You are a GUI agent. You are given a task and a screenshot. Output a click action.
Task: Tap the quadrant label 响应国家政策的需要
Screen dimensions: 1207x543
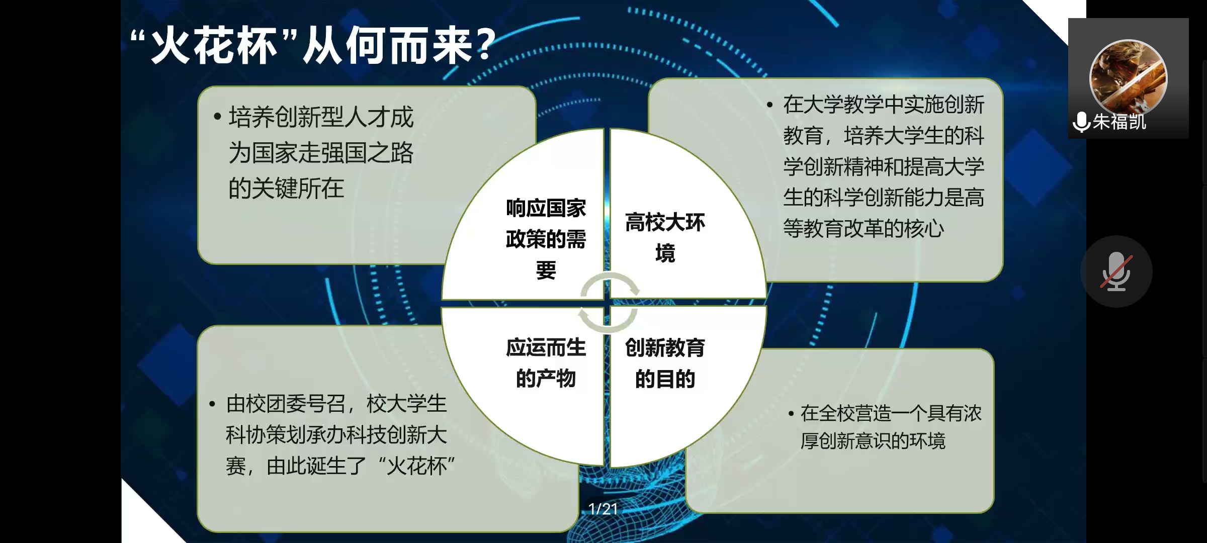[546, 239]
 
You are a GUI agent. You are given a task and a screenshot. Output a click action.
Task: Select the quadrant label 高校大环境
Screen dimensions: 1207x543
[665, 238]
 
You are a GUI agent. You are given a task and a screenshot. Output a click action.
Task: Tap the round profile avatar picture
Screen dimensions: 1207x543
[1128, 78]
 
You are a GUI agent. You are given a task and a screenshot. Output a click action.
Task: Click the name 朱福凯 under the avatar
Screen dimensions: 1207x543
[1119, 122]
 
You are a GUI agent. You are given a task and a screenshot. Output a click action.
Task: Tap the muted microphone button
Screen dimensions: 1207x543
[1116, 271]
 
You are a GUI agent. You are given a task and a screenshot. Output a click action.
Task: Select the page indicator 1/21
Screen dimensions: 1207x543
[603, 509]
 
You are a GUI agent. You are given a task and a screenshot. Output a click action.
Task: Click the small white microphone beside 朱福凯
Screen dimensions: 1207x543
[1081, 122]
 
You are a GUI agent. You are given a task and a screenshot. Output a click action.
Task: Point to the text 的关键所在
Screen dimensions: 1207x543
[286, 189]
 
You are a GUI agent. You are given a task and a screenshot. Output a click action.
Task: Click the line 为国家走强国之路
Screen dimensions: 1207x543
[321, 153]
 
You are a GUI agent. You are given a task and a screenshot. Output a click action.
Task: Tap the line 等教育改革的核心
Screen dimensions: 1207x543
[864, 229]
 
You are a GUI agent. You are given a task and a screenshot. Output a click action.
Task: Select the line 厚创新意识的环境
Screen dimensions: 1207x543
[873, 441]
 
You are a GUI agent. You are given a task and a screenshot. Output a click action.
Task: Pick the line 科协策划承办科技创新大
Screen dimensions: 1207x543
[336, 435]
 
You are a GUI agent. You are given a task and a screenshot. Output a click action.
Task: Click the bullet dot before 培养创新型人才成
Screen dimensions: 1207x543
[217, 117]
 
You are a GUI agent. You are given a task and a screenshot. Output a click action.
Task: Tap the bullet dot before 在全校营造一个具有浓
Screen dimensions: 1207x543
[791, 414]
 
